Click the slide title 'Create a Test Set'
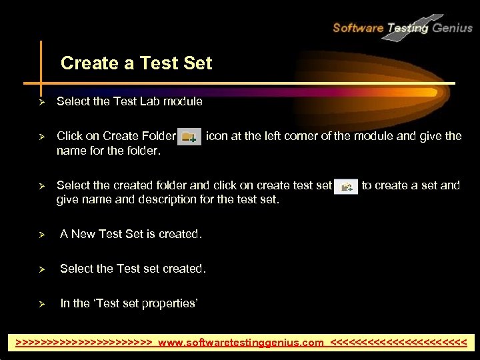(136, 63)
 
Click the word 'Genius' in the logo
(452, 28)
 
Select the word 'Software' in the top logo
(358, 28)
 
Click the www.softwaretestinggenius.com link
(241, 343)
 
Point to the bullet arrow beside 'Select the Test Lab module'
(41, 102)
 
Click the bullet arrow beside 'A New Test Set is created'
(41, 235)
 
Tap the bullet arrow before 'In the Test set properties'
(41, 304)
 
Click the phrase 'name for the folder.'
(109, 151)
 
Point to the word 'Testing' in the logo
(407, 29)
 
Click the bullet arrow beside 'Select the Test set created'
(41, 269)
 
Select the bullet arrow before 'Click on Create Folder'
(41, 137)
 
